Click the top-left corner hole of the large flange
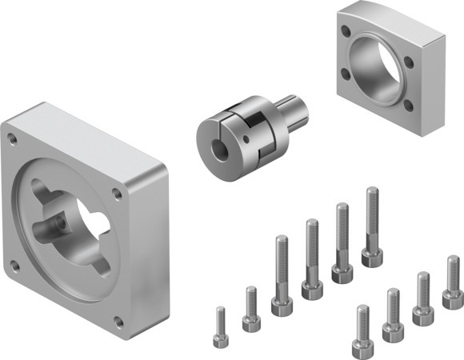pyautogui.click(x=12, y=138)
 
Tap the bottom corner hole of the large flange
pyautogui.click(x=119, y=321)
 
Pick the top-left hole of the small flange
pyautogui.click(x=345, y=33)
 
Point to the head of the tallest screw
pyautogui.click(x=372, y=257)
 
